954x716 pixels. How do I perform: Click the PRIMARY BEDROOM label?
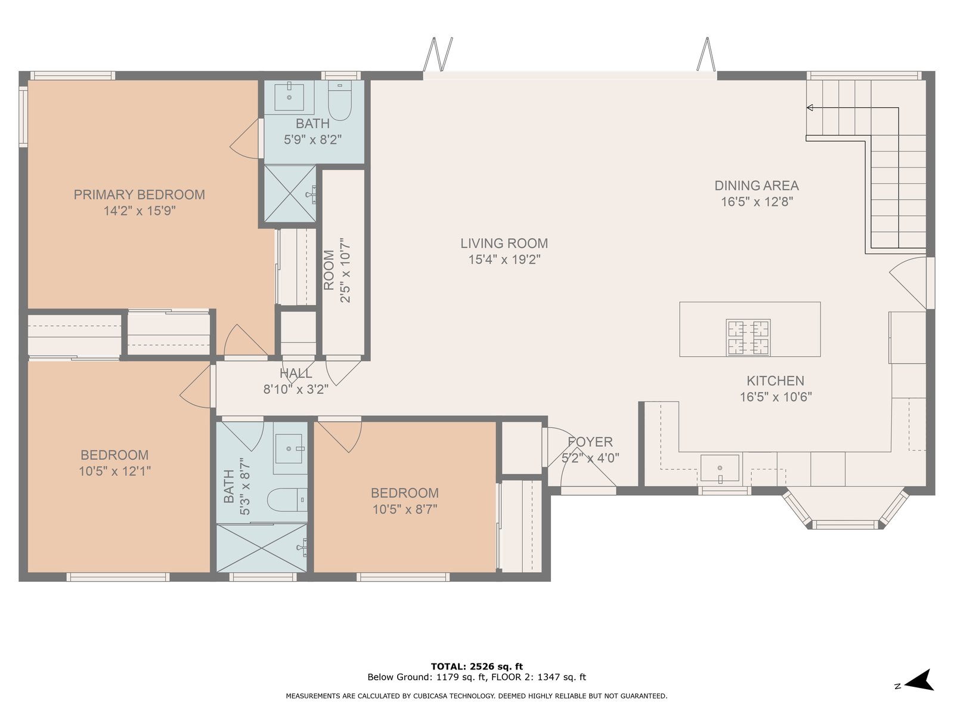[x=139, y=195]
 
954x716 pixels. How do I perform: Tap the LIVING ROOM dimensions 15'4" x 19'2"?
[x=504, y=260]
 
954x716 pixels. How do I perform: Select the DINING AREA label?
[x=757, y=186]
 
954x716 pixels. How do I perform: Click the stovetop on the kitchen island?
[x=748, y=337]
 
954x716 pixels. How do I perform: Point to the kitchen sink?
[x=720, y=468]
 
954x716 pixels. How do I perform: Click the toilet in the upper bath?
[x=339, y=100]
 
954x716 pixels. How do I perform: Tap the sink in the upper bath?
[x=289, y=97]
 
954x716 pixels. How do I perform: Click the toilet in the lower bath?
[x=287, y=499]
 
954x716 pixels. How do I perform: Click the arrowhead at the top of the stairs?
[x=810, y=107]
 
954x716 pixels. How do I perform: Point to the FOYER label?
[x=590, y=442]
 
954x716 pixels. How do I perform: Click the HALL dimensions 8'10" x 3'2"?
[x=296, y=389]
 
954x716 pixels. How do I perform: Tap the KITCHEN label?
[x=775, y=381]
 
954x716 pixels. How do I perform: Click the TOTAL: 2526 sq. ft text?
[x=477, y=666]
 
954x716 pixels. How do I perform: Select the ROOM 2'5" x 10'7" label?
[x=337, y=270]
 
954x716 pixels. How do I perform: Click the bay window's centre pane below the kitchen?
[x=845, y=524]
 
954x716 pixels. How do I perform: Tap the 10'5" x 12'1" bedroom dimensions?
[x=114, y=471]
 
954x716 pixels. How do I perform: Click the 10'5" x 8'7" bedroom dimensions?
[x=405, y=509]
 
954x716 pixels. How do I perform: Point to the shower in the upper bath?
[x=290, y=193]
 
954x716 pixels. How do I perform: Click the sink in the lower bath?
[x=289, y=449]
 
